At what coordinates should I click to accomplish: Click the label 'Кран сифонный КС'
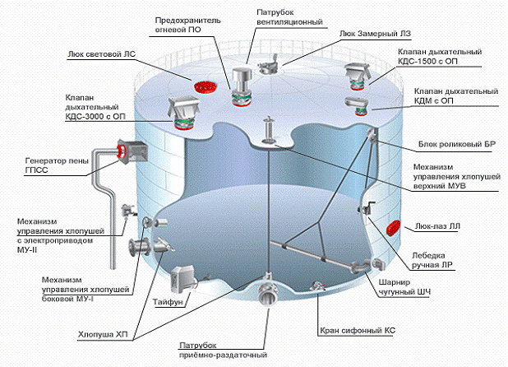[356, 330]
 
